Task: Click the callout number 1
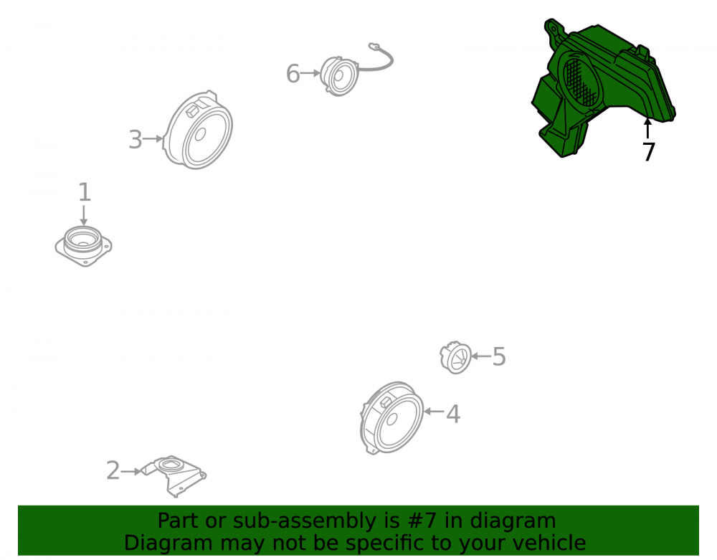pyautogui.click(x=85, y=192)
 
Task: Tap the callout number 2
pyautogui.click(x=113, y=470)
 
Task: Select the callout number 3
pyautogui.click(x=136, y=139)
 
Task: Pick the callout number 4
pyautogui.click(x=452, y=414)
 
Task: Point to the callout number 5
pyautogui.click(x=499, y=356)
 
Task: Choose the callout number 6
pyautogui.click(x=293, y=74)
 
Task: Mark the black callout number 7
pyautogui.click(x=648, y=151)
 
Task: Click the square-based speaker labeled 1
pyautogui.click(x=84, y=245)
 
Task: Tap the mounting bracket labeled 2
pyautogui.click(x=173, y=475)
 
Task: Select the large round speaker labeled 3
pyautogui.click(x=199, y=130)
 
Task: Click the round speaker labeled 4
pyautogui.click(x=392, y=417)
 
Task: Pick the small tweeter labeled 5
pyautogui.click(x=456, y=357)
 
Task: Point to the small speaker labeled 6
pyautogui.click(x=339, y=76)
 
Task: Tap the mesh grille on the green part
pyautogui.click(x=580, y=81)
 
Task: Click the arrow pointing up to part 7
pyautogui.click(x=647, y=128)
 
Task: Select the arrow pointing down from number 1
pyautogui.click(x=84, y=215)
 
